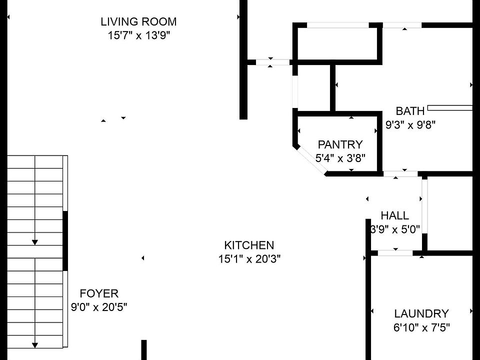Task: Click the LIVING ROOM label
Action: click(138, 22)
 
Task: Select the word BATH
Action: click(410, 111)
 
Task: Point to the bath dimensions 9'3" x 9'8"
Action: click(410, 125)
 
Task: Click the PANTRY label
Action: click(340, 145)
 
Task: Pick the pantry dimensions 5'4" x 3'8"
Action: click(340, 158)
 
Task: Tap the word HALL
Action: click(394, 216)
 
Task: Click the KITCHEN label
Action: click(249, 245)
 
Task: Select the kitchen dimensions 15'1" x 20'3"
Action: click(249, 259)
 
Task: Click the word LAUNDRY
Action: click(421, 314)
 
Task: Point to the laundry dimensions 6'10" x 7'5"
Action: click(421, 328)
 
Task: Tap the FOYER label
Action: click(99, 293)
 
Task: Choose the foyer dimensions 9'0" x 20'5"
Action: click(99, 307)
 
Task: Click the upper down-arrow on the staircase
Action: click(34, 242)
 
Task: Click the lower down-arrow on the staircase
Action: click(35, 344)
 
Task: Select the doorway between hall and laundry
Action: click(395, 253)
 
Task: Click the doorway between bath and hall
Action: click(400, 173)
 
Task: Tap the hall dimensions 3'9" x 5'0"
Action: click(394, 229)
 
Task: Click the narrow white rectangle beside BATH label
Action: click(449, 107)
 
